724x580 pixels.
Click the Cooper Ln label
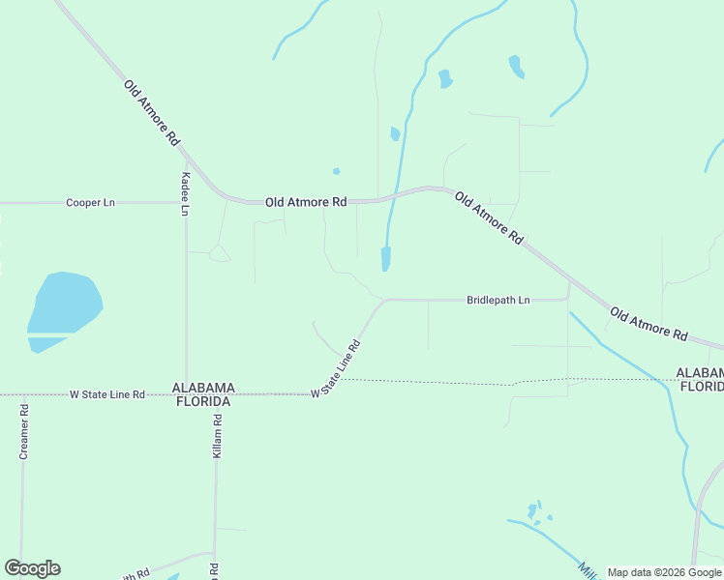90,203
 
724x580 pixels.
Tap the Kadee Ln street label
186,194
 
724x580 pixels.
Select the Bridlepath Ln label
498,301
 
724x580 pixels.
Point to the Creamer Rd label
24,430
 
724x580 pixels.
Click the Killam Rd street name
218,435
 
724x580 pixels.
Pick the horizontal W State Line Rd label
106,394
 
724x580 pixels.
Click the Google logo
32,568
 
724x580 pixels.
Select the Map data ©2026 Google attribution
664,572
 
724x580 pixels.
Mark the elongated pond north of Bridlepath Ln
386,258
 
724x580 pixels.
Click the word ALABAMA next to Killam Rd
203,388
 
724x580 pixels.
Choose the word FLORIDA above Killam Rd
202,401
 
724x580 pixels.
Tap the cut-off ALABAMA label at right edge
700,373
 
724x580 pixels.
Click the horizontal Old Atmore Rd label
306,202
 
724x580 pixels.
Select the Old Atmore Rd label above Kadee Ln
152,112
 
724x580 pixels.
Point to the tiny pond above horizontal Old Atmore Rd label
336,171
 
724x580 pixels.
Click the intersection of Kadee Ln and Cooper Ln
186,203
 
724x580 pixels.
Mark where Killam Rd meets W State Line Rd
218,394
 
